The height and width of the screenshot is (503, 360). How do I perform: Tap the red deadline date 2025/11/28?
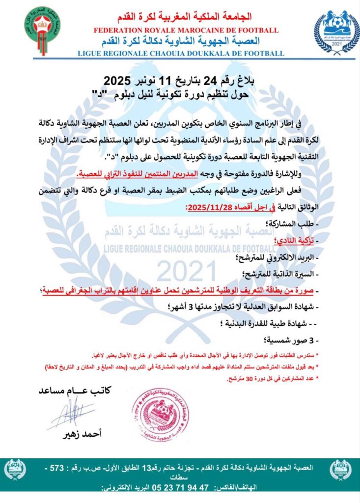point(211,207)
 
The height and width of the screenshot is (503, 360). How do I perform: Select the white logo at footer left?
point(14,470)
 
